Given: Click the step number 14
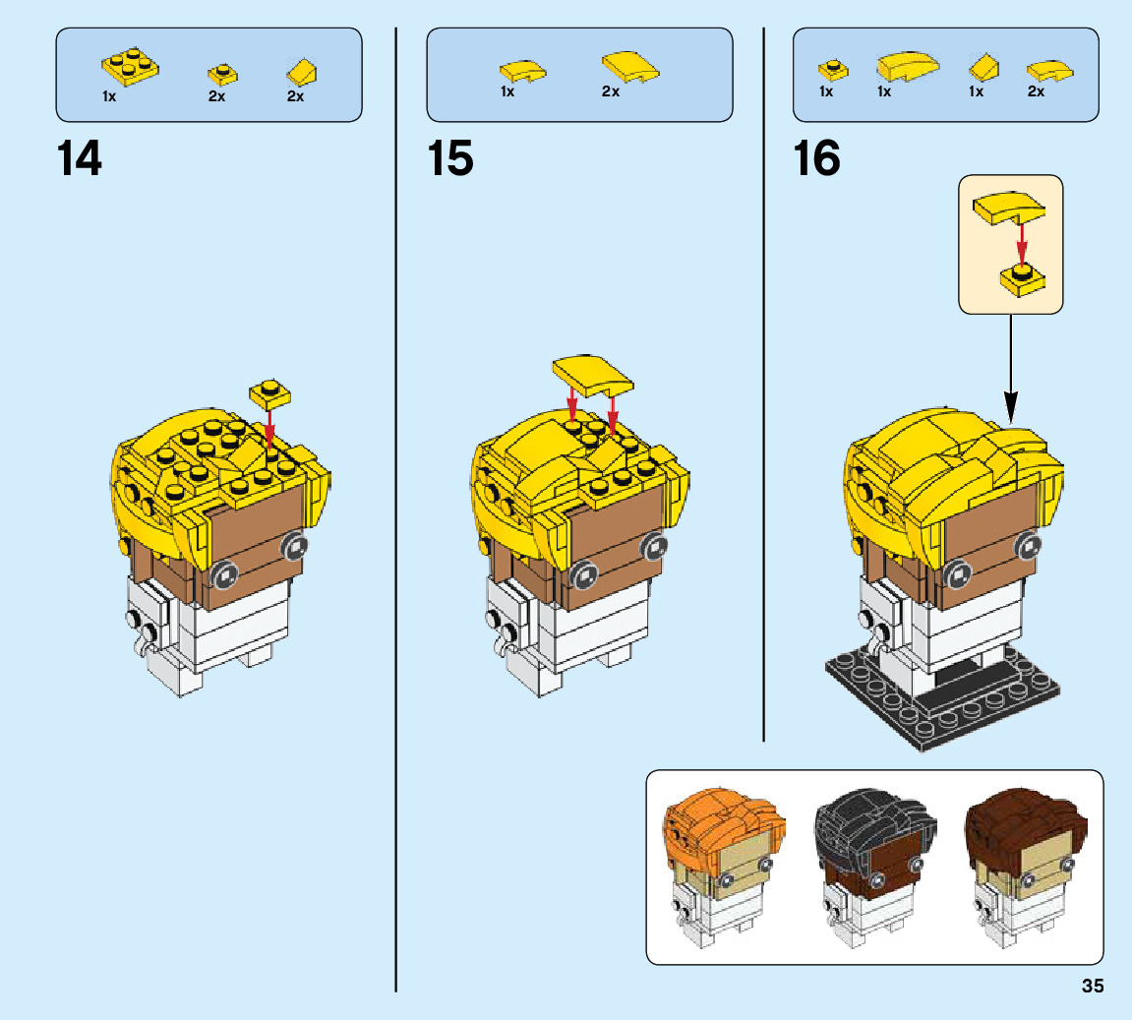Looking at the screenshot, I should click(80, 158).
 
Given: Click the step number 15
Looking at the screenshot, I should click(450, 158).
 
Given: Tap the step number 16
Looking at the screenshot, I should click(817, 158).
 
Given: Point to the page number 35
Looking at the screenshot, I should click(1093, 987).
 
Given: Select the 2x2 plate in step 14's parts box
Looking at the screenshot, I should click(130, 67).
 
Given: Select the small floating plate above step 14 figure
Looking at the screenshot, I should click(271, 392).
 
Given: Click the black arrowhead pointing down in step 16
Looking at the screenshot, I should click(1011, 404).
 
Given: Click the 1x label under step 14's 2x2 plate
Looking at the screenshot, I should click(109, 96).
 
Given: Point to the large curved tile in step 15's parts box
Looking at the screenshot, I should click(629, 67).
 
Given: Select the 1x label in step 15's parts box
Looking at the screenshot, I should click(507, 91).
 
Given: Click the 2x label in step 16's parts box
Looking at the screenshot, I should click(1036, 91).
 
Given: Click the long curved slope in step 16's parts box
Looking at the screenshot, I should click(906, 66).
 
